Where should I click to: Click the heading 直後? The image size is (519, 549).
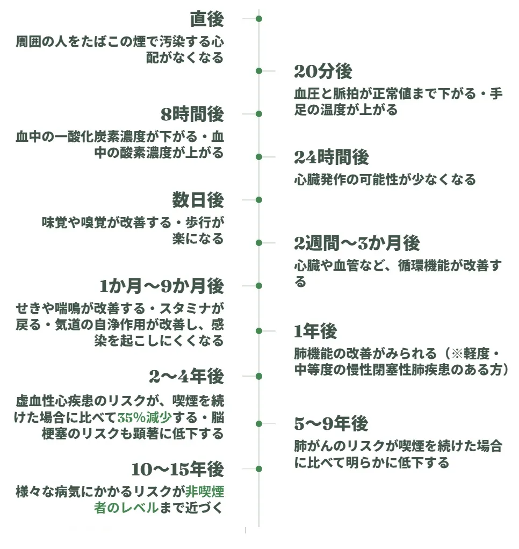pyautogui.click(x=207, y=19)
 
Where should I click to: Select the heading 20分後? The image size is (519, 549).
pyautogui.click(x=323, y=71)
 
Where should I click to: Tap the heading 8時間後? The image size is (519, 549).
pyautogui.click(x=192, y=114)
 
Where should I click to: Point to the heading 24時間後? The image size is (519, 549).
pyautogui.click(x=331, y=157)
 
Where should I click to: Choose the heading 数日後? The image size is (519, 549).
pyautogui.click(x=198, y=200)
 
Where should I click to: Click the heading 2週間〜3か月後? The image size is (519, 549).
pyautogui.click(x=357, y=243)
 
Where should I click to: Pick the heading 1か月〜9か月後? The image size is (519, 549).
pyautogui.click(x=162, y=286)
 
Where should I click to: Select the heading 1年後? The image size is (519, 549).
pyautogui.click(x=315, y=331)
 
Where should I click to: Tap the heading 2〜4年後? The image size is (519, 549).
pyautogui.click(x=186, y=377)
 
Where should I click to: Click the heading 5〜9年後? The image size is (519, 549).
pyautogui.click(x=331, y=424)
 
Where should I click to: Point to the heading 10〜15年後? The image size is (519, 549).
pyautogui.click(x=177, y=469)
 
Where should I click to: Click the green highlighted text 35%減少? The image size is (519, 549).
pyautogui.click(x=145, y=417)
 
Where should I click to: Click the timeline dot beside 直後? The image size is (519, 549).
pyautogui.click(x=259, y=19)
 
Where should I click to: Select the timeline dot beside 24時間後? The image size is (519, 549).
pyautogui.click(x=259, y=157)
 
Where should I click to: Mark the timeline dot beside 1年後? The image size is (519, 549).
pyautogui.click(x=259, y=331)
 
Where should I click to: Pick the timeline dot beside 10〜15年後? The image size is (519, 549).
pyautogui.click(x=259, y=469)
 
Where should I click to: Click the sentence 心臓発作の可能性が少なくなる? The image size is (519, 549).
pyautogui.click(x=385, y=179)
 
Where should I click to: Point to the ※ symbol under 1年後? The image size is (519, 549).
pyautogui.click(x=457, y=353)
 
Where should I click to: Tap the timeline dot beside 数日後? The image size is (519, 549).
pyautogui.click(x=259, y=200)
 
